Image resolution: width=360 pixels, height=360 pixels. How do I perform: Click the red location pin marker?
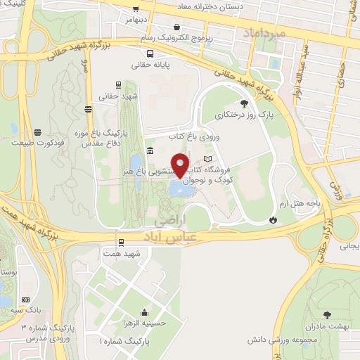click(180, 165)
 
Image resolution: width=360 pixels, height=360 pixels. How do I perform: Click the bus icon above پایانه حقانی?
click(150, 53)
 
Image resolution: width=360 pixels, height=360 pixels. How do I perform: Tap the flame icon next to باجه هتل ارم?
click(273, 220)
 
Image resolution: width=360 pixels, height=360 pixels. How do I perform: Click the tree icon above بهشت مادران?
click(326, 315)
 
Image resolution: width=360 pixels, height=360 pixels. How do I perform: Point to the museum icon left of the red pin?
click(150, 151)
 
